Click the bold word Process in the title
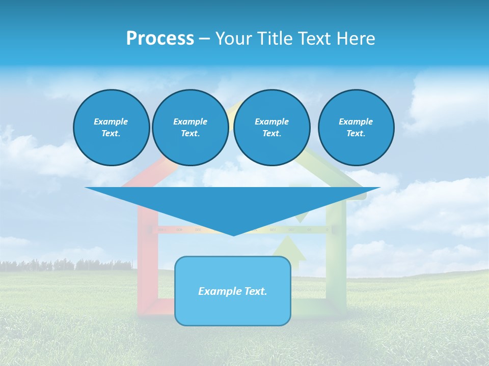(x=160, y=39)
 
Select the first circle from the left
(x=111, y=128)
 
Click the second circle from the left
(x=190, y=128)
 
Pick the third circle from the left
(x=271, y=128)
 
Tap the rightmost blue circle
(x=356, y=128)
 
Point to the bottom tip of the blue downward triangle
(x=233, y=235)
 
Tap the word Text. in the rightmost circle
(x=356, y=134)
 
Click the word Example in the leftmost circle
(x=111, y=121)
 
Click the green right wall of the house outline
(x=336, y=264)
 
